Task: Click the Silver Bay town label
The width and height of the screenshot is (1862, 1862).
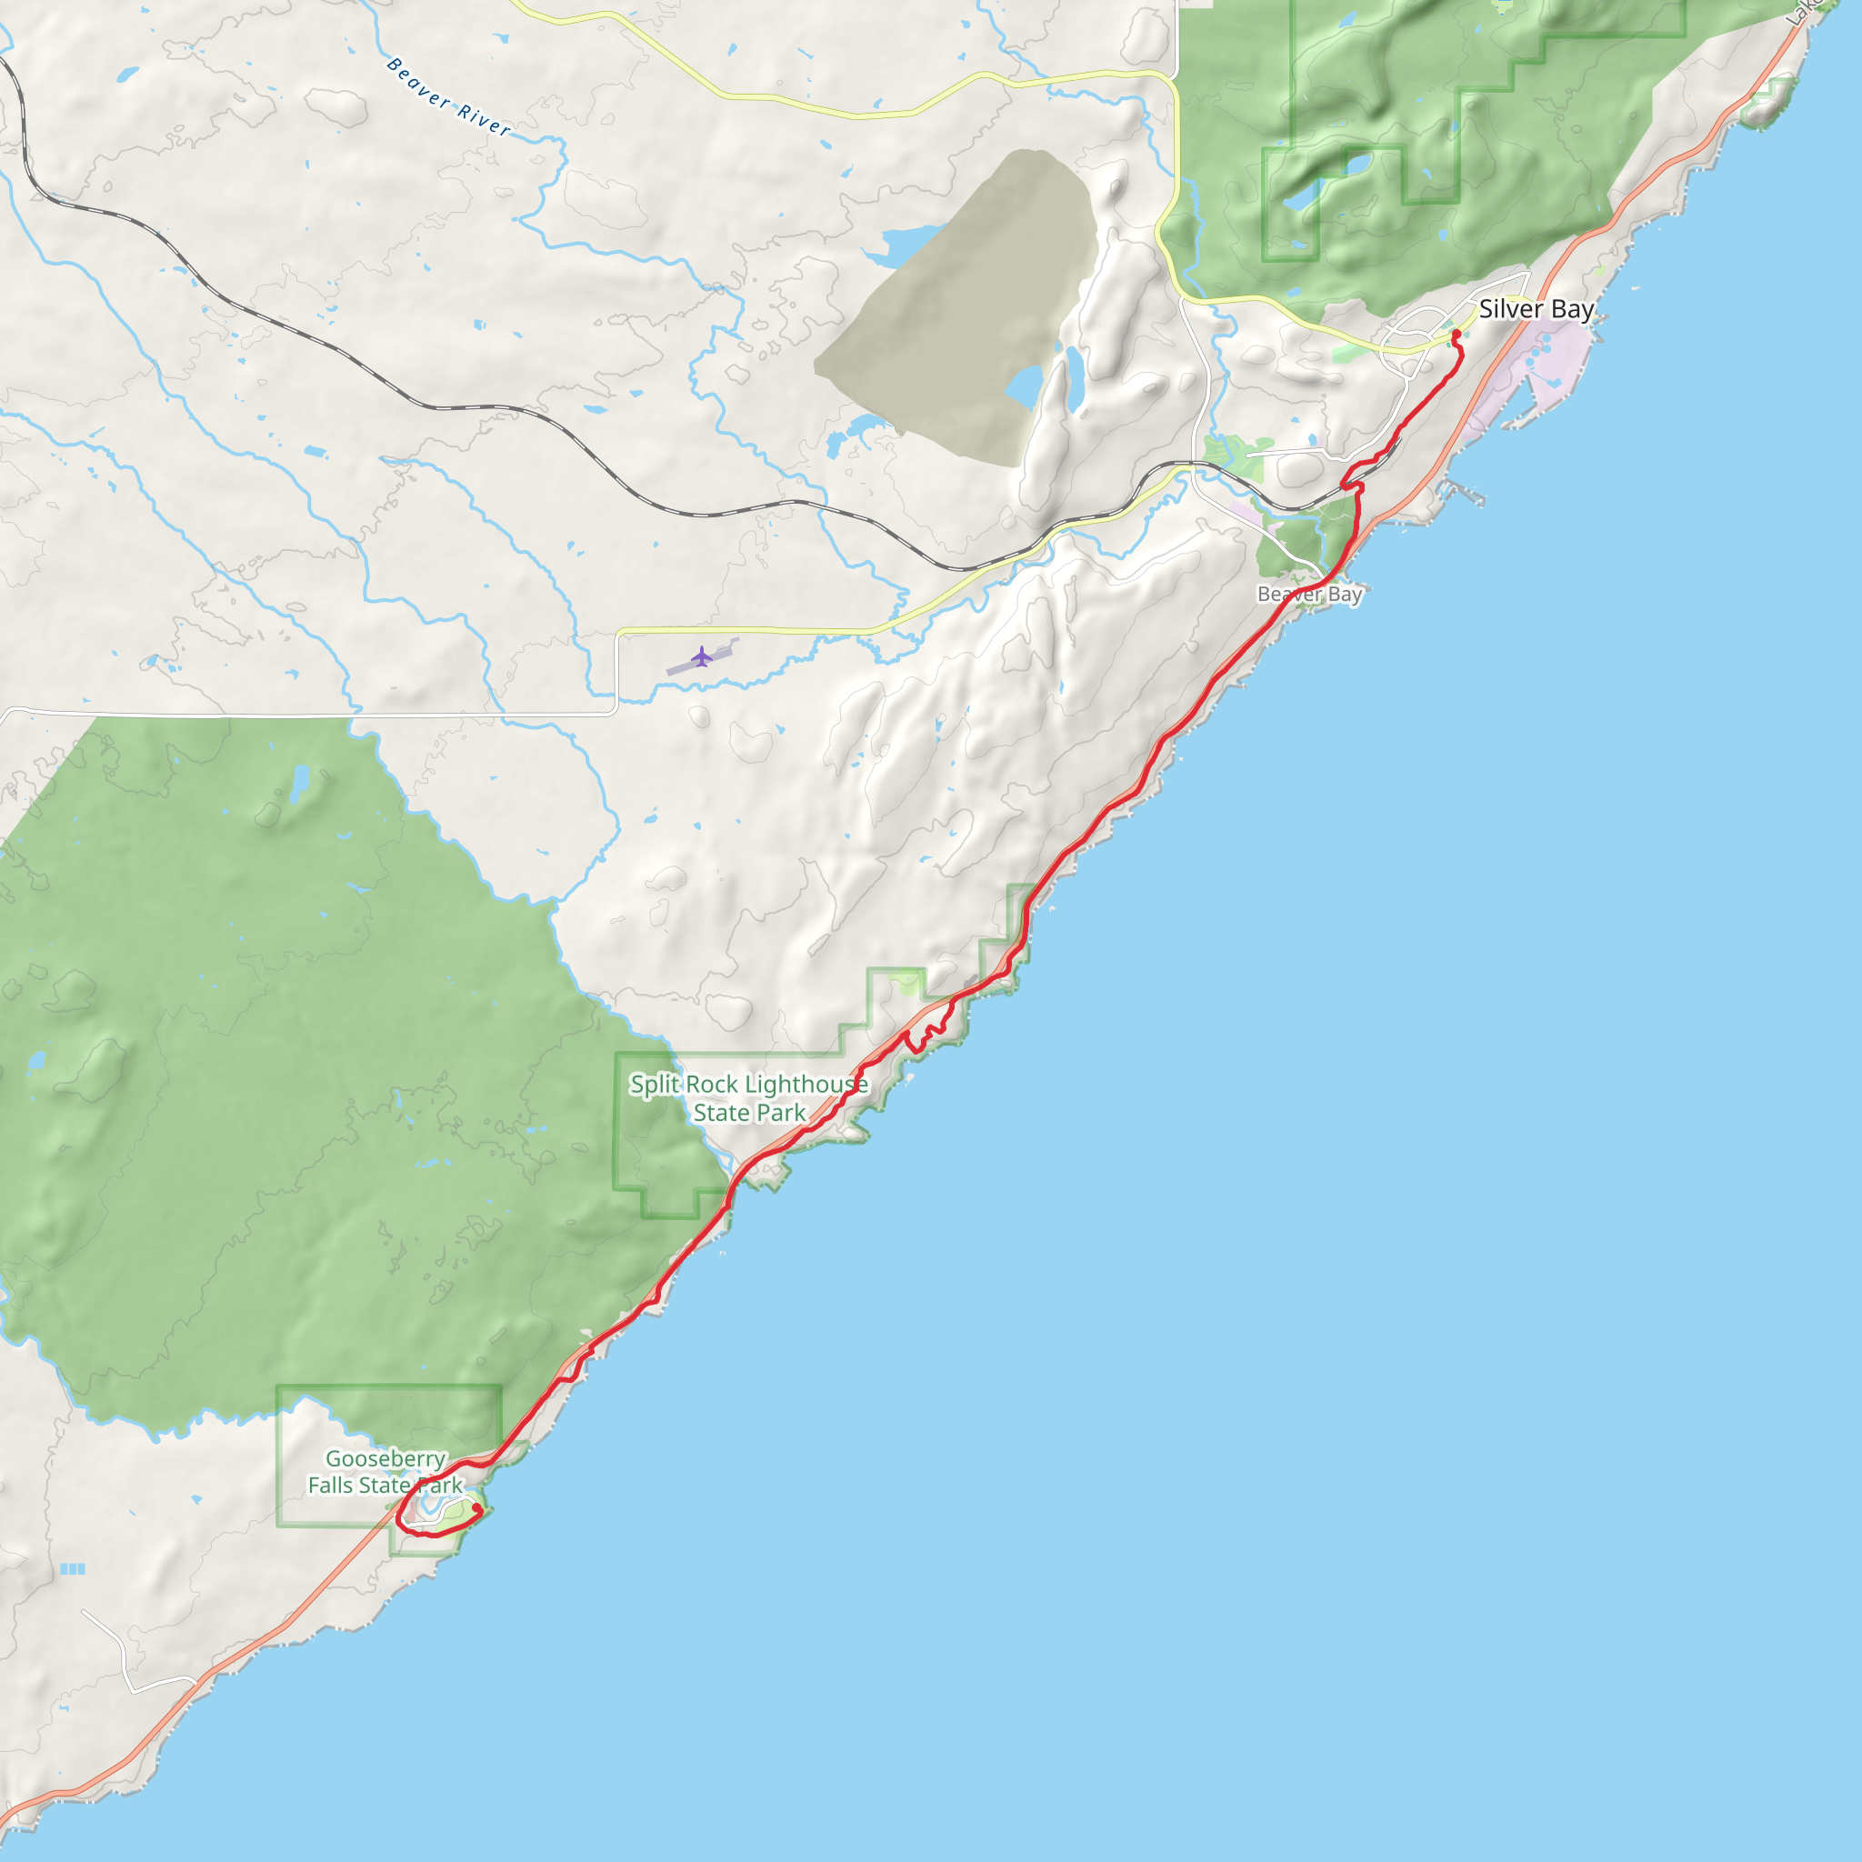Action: pyautogui.click(x=1536, y=309)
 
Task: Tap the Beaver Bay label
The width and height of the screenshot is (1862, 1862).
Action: pyautogui.click(x=1309, y=594)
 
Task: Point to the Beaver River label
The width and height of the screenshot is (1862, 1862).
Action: pyautogui.click(x=448, y=96)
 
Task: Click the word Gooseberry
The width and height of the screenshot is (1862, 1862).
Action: pyautogui.click(x=385, y=1459)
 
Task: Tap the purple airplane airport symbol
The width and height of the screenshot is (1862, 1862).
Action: pyautogui.click(x=702, y=656)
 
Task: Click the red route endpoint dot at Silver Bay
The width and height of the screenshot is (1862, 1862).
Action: pyautogui.click(x=1457, y=335)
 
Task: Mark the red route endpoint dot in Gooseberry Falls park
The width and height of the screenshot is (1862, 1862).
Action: pyautogui.click(x=476, y=1507)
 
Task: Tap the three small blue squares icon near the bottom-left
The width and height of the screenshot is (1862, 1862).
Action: pyautogui.click(x=73, y=1569)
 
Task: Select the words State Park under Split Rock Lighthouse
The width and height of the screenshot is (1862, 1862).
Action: pyautogui.click(x=749, y=1113)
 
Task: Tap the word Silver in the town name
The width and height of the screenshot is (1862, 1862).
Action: pyautogui.click(x=1510, y=309)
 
